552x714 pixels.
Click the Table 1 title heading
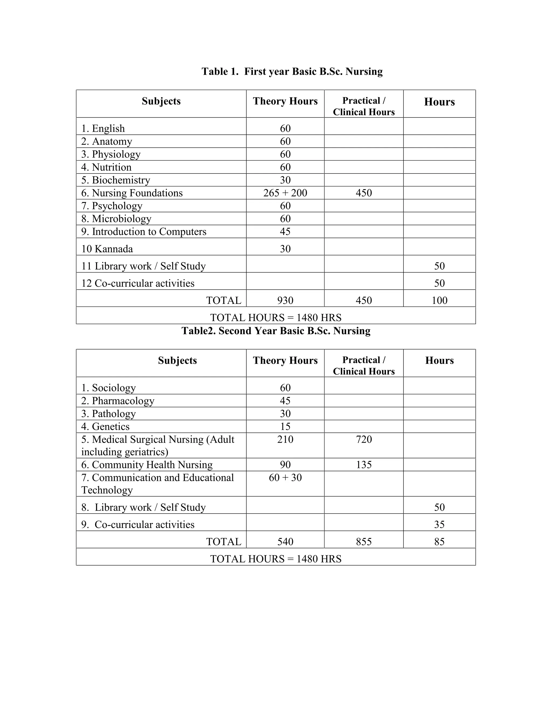click(x=292, y=71)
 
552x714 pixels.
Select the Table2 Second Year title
click(x=276, y=331)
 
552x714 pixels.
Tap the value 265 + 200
click(x=285, y=193)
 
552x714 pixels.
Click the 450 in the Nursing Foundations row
click(x=364, y=193)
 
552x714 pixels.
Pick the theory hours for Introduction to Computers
click(x=285, y=231)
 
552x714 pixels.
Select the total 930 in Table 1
click(x=285, y=300)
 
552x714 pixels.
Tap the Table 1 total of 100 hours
click(x=439, y=300)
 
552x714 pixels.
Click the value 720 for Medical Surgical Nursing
click(x=364, y=439)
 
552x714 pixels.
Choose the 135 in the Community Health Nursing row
click(x=364, y=465)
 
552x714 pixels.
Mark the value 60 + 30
click(x=285, y=477)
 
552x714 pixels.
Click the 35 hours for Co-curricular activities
click(x=439, y=524)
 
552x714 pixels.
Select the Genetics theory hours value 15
click(x=285, y=426)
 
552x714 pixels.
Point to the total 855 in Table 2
click(x=364, y=542)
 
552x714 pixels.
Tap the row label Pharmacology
click(x=118, y=401)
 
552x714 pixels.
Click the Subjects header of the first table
click(x=161, y=101)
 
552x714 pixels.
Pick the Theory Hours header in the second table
click(x=285, y=360)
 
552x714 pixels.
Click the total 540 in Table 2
click(x=285, y=542)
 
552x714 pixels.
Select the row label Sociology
click(x=109, y=388)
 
